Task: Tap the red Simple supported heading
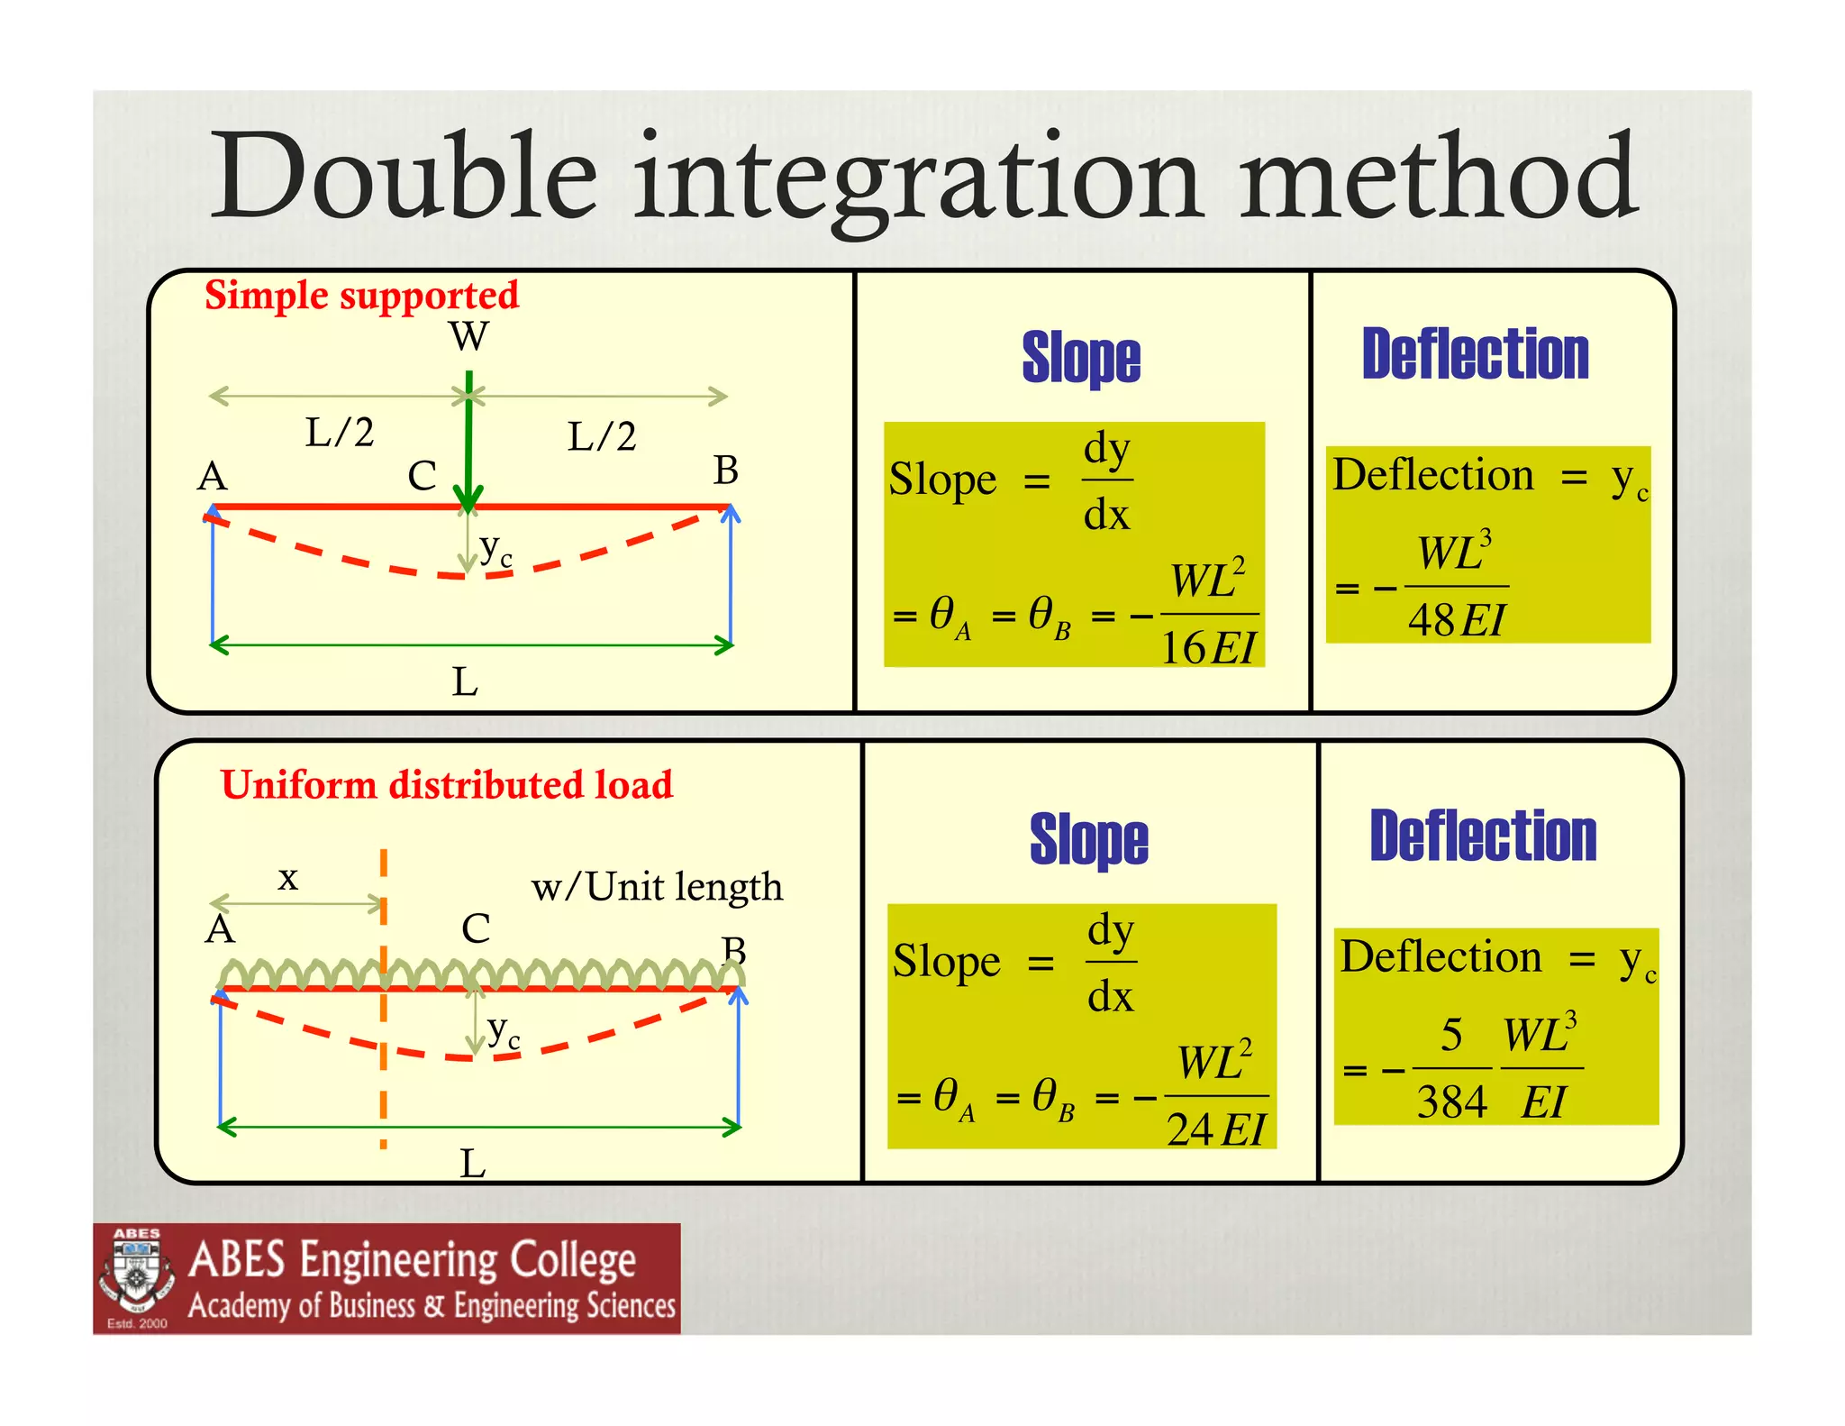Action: [361, 296]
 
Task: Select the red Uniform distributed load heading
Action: [447, 785]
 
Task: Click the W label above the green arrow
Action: [468, 337]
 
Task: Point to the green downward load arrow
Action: [468, 442]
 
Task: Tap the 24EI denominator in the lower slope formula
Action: [1216, 1129]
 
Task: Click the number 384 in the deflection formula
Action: [1451, 1102]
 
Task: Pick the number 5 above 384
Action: [1451, 1035]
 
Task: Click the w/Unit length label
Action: [657, 888]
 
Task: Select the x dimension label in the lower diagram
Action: [287, 877]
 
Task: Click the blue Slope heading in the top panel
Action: [1081, 358]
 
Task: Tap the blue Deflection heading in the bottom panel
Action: [1483, 836]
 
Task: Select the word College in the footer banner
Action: [572, 1260]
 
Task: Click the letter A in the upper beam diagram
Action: [213, 476]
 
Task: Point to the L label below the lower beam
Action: [472, 1164]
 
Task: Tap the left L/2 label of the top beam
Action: [339, 433]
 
